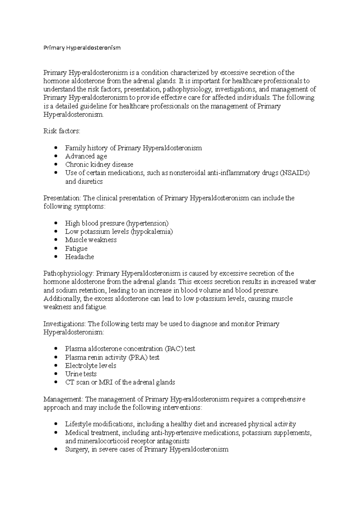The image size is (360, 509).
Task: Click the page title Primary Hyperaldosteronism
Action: coord(82,48)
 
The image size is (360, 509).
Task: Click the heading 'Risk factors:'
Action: coord(62,131)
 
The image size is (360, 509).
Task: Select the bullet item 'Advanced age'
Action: coord(86,156)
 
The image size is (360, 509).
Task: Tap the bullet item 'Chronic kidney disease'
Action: coord(99,165)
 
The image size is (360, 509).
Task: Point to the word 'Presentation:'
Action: coord(62,198)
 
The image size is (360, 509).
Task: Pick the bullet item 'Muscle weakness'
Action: coord(91,240)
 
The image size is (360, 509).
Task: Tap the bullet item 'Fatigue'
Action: coord(76,249)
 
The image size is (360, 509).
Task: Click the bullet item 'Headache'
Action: coord(79,257)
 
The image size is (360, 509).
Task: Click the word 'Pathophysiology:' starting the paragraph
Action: coord(69,273)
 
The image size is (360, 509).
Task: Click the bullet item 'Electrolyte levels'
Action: coord(91,366)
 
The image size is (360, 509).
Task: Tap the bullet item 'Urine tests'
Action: coord(81,374)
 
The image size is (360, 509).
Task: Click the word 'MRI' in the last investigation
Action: coord(105,382)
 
